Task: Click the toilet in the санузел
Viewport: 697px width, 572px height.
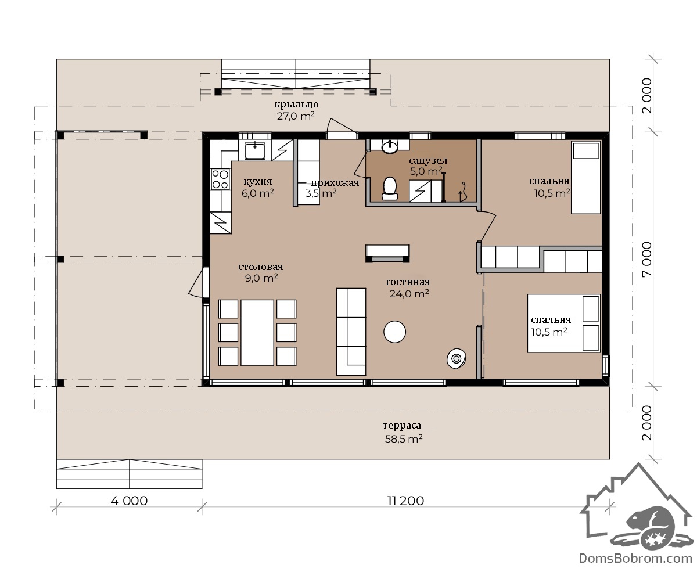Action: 390,189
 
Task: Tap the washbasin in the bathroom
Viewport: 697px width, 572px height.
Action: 390,147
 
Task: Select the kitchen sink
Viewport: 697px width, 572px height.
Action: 254,150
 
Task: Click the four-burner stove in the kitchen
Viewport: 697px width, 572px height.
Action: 220,179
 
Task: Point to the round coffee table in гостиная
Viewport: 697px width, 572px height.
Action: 394,332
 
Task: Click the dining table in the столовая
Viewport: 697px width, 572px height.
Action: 257,332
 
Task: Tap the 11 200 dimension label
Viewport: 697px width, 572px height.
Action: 405,501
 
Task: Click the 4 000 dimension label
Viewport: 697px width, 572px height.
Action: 129,501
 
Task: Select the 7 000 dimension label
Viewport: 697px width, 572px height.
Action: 647,259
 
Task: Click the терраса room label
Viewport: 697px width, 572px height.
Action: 402,425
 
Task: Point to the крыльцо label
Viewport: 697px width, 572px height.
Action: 296,105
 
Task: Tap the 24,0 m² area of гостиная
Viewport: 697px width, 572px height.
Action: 409,293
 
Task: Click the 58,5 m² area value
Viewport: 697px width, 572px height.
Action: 404,438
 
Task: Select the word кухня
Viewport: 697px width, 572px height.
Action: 258,181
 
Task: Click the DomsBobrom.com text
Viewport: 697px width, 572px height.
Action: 635,558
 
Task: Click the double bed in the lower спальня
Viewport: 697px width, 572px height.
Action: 563,323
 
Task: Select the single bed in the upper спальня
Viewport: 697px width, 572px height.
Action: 585,178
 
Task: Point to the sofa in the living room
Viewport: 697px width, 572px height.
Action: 351,332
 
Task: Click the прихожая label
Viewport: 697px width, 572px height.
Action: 335,183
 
